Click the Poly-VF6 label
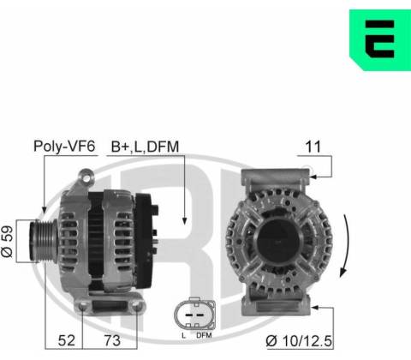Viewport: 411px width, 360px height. click(x=64, y=147)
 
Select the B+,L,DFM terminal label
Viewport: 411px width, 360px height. click(x=145, y=147)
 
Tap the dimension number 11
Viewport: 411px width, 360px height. click(x=313, y=147)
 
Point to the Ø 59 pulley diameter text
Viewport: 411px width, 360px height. click(x=8, y=242)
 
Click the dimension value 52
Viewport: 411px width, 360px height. click(x=67, y=340)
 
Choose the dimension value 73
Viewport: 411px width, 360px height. click(x=112, y=340)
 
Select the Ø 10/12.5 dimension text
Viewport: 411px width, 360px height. click(x=299, y=341)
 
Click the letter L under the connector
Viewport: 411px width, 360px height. click(x=183, y=335)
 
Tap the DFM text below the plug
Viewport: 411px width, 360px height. click(x=204, y=335)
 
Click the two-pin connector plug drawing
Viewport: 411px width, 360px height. click(x=194, y=314)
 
